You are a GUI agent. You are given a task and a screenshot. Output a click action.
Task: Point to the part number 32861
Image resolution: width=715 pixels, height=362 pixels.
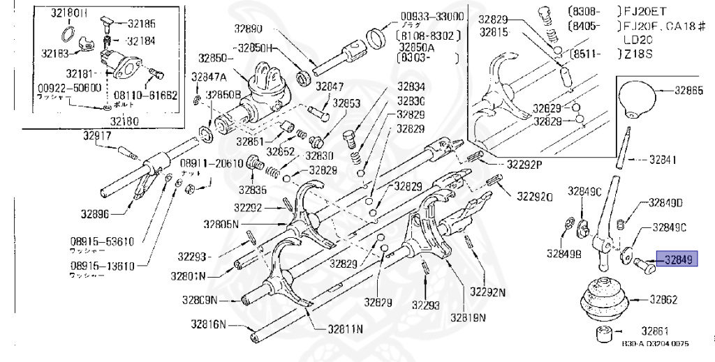coord(656,330)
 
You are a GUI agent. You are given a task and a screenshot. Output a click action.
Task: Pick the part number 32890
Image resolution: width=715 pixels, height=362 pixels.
coord(248,29)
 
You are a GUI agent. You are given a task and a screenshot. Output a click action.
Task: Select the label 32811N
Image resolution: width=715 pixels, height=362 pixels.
coord(340,329)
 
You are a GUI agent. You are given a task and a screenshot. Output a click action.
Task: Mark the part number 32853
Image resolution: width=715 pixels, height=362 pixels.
coord(346,103)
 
